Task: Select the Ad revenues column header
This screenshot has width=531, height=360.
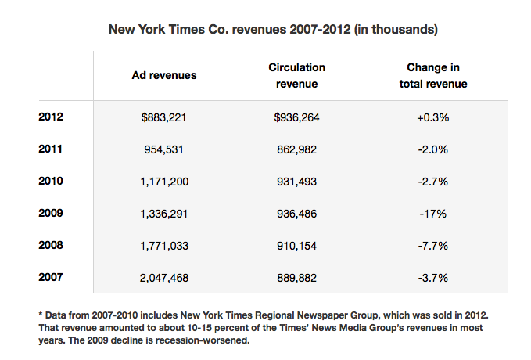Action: click(164, 75)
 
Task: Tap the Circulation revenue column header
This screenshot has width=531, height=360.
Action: click(296, 75)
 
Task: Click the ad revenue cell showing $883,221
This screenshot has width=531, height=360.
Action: click(163, 117)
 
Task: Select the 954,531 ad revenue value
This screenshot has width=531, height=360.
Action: click(163, 149)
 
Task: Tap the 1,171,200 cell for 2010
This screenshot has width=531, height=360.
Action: click(163, 181)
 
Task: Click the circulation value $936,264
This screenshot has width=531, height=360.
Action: click(297, 117)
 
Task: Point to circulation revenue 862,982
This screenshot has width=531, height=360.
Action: click(297, 149)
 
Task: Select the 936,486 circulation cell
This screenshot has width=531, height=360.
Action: click(297, 212)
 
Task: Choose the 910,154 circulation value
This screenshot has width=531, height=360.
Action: click(297, 244)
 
